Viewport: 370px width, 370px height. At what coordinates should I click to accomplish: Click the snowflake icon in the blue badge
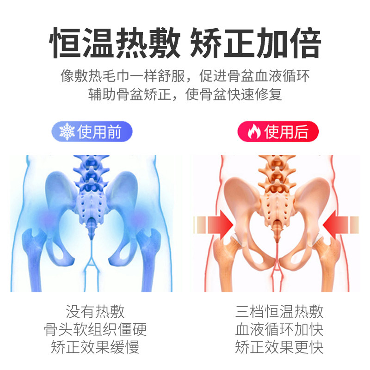[67, 132]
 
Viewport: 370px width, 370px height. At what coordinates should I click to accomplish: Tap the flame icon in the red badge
[254, 132]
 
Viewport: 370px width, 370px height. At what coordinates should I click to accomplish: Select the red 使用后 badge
[278, 132]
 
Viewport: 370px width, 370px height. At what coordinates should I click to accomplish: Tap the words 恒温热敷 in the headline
[114, 44]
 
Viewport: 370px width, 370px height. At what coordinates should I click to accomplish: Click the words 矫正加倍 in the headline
[255, 44]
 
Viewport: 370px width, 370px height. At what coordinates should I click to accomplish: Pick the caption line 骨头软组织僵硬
[95, 329]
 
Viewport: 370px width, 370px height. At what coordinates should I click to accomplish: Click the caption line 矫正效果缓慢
[95, 347]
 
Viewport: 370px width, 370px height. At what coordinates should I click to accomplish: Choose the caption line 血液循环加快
[279, 329]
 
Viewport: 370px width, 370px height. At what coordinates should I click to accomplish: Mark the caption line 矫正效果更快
[279, 347]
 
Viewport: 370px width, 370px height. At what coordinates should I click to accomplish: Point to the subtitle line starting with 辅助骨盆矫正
[185, 95]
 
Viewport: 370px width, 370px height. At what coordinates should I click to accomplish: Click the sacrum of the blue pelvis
[92, 203]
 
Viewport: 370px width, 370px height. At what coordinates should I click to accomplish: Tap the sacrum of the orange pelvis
[276, 203]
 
